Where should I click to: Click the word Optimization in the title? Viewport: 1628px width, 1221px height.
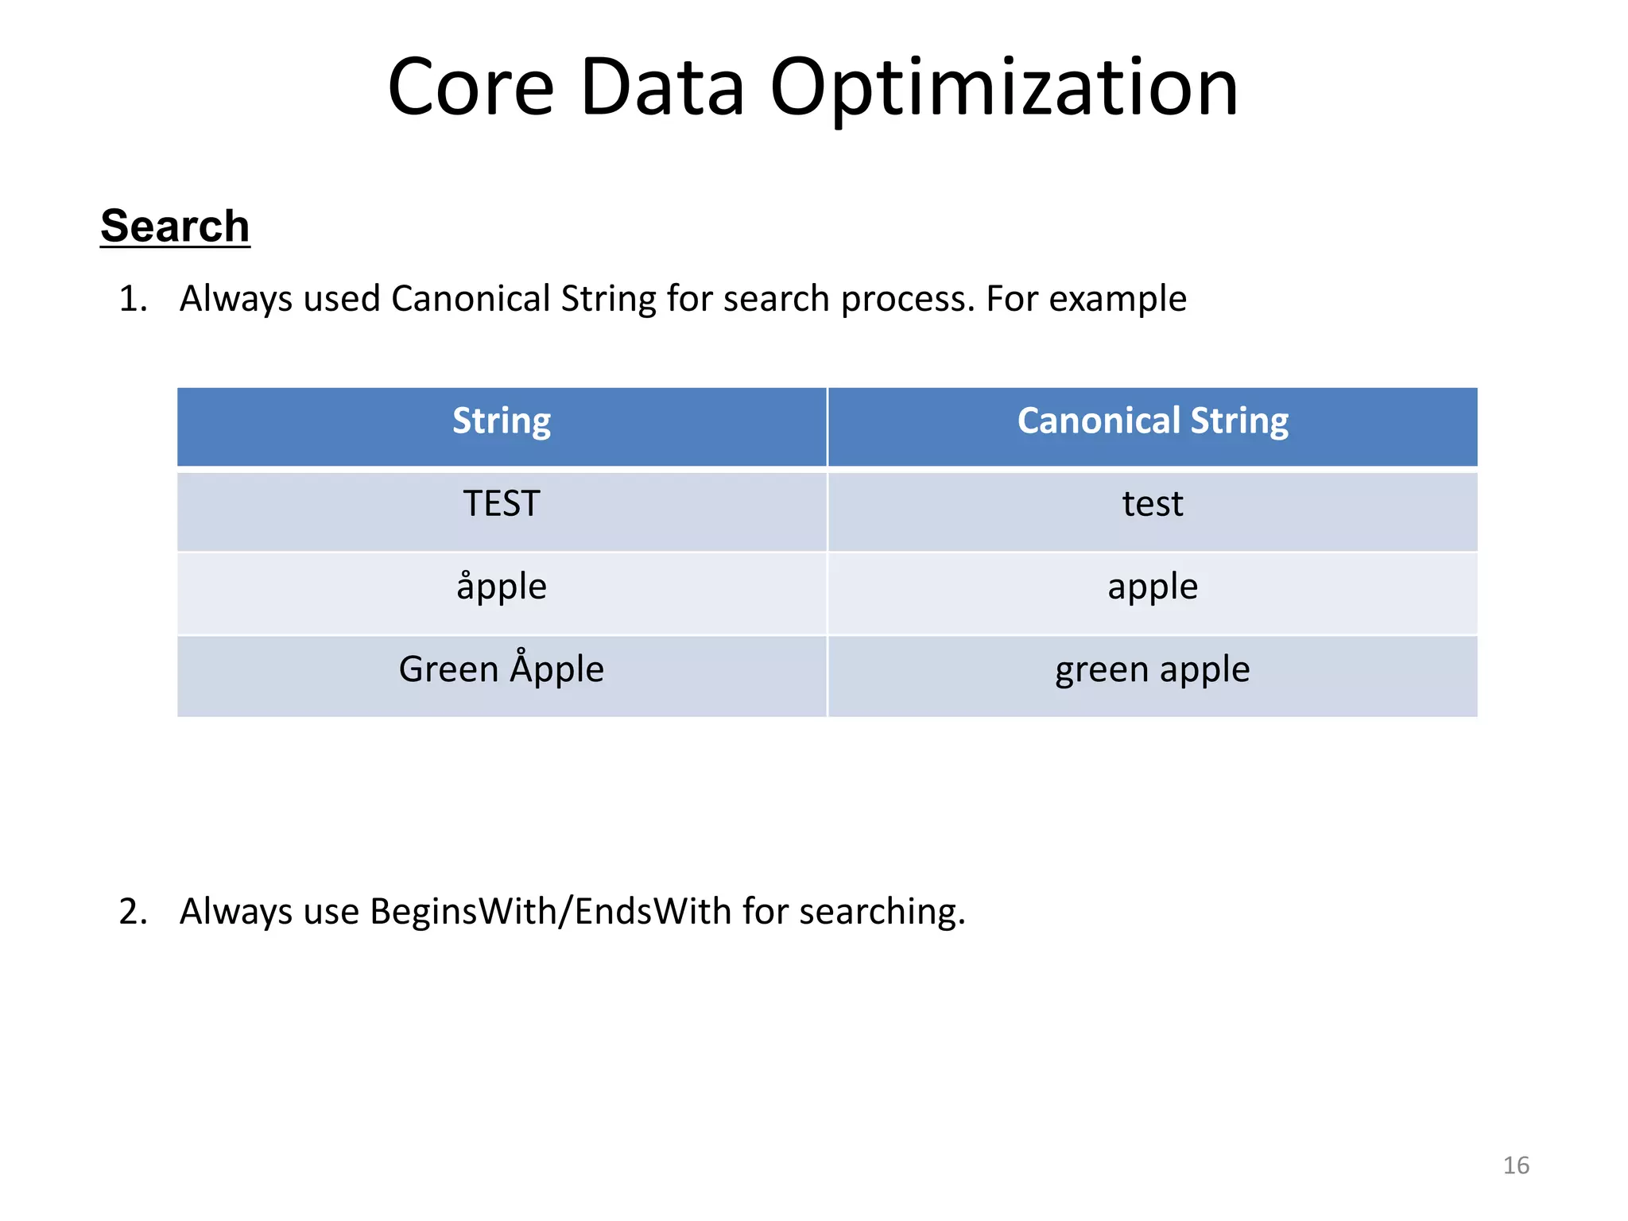tap(1004, 89)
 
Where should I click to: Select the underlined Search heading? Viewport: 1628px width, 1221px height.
tap(175, 226)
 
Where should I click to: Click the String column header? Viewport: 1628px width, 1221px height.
tap(502, 421)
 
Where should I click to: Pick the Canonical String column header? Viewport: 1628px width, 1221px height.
tap(1153, 421)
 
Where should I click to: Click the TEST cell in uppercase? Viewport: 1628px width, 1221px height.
tap(502, 504)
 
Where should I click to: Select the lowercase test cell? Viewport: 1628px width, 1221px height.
tap(1153, 504)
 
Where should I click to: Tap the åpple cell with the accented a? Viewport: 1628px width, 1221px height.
tap(502, 587)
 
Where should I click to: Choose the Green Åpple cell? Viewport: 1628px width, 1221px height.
tap(502, 669)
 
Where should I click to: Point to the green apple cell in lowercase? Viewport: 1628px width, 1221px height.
tap(1153, 669)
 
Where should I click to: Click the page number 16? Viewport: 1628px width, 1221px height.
tap(1516, 1165)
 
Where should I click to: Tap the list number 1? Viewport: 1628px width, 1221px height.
tap(133, 300)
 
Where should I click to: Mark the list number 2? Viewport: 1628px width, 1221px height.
tap(133, 912)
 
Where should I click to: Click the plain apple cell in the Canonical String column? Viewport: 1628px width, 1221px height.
tap(1153, 587)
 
